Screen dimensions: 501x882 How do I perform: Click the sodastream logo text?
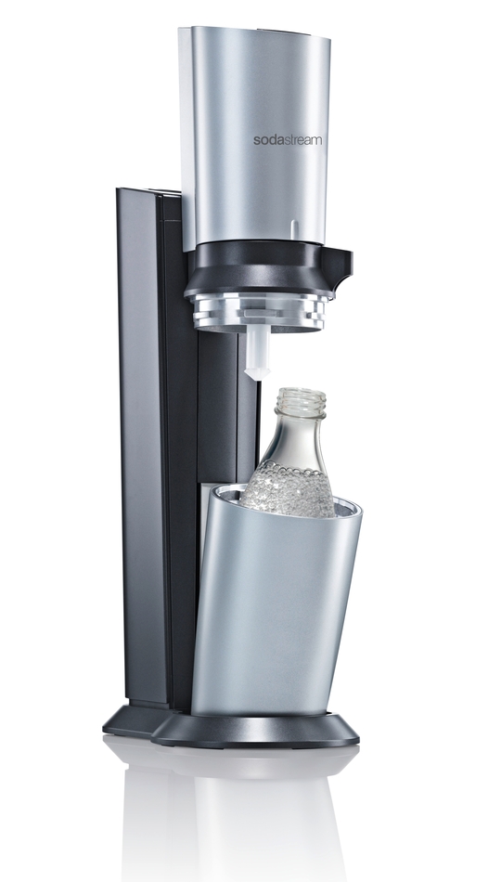point(288,140)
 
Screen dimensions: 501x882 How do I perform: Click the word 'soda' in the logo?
point(266,140)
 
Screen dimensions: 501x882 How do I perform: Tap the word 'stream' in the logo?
point(302,140)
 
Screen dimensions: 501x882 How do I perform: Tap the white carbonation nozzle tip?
point(258,373)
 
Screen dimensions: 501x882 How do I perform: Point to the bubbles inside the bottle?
point(288,487)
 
